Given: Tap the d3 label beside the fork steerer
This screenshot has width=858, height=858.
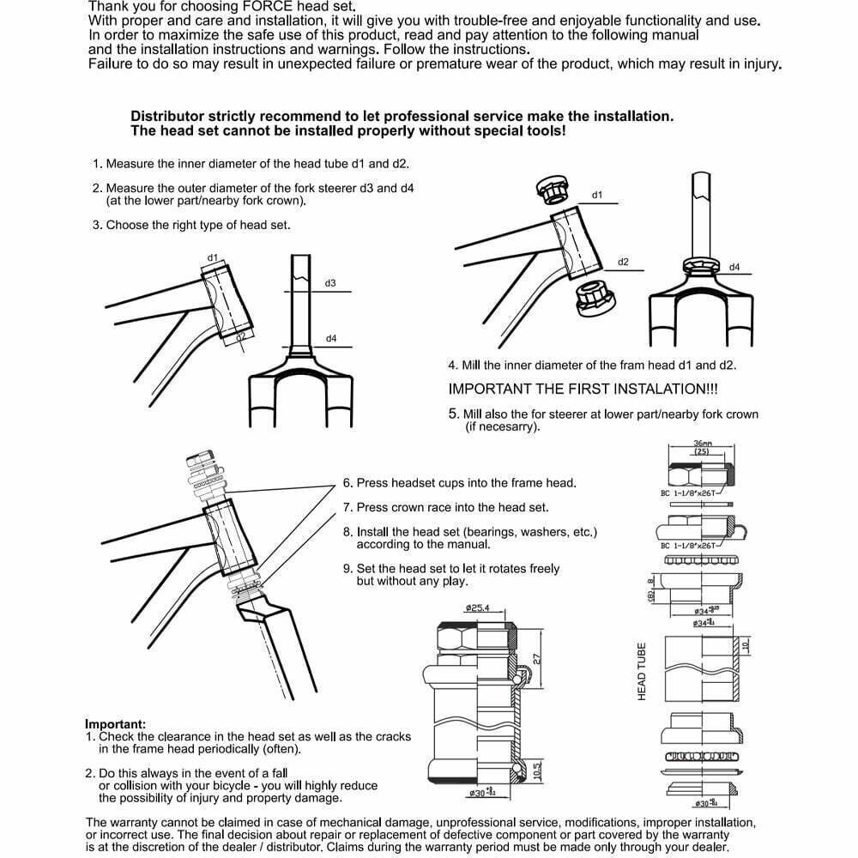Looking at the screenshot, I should click(x=330, y=283).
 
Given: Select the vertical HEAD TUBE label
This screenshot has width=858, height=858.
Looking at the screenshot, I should click(x=642, y=672).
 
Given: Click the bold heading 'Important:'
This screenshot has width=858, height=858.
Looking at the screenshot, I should click(x=115, y=723).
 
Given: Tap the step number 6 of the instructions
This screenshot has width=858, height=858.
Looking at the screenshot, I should click(x=347, y=483).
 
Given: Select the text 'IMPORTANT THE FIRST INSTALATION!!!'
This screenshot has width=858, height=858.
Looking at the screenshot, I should click(x=583, y=388).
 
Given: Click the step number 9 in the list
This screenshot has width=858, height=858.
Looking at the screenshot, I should click(x=347, y=568).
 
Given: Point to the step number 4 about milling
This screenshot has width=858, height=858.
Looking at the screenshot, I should click(x=453, y=365).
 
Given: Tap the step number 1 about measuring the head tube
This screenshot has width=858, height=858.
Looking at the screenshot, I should click(x=97, y=163).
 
